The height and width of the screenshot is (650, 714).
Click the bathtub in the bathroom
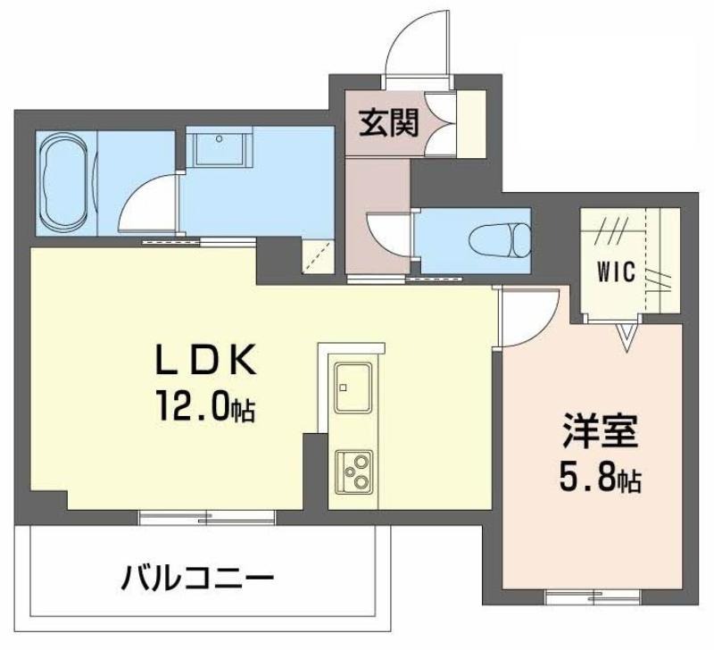pyautogui.click(x=66, y=184)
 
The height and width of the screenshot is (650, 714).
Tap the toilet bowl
pyautogui.click(x=499, y=240)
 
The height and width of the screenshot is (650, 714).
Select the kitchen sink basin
pyautogui.click(x=353, y=387)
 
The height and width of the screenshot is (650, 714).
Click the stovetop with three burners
pyautogui.click(x=353, y=472)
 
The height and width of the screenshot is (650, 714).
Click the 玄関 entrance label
pyautogui.click(x=389, y=123)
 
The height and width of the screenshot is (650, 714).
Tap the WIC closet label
pyautogui.click(x=616, y=273)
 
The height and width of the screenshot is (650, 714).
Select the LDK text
pyautogui.click(x=205, y=361)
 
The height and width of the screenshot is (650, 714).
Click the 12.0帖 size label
pyautogui.click(x=205, y=406)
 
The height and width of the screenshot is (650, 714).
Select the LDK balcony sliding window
pyautogui.click(x=207, y=518)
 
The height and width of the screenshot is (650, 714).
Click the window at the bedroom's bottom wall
pyautogui.click(x=592, y=596)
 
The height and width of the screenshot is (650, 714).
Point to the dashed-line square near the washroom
pyautogui.click(x=318, y=256)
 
